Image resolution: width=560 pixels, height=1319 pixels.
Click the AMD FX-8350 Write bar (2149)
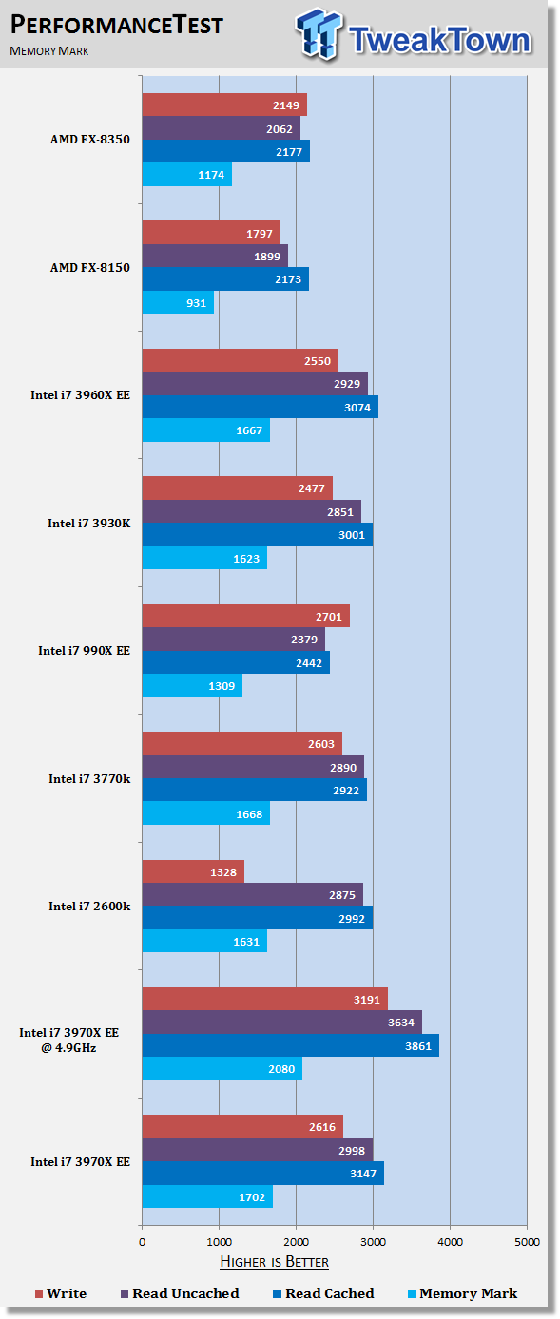[x=224, y=105]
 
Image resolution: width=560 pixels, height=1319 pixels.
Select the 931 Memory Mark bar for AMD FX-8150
[x=178, y=302]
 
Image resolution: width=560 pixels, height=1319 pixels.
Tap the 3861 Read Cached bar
[x=290, y=1045]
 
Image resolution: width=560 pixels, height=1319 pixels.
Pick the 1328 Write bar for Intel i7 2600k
[x=193, y=871]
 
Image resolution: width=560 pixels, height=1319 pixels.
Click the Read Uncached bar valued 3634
[x=282, y=1023]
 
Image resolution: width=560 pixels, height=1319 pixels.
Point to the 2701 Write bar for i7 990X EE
[x=246, y=616]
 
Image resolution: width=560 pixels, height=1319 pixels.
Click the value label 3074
[x=357, y=408]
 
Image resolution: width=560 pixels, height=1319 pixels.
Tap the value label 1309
[x=222, y=686]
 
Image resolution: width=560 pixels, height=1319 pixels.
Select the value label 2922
[x=346, y=791]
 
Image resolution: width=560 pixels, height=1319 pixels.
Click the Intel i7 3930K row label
[x=89, y=523]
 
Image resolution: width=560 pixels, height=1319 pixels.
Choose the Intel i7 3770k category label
[x=89, y=778]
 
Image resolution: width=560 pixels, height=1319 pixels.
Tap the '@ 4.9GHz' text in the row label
[x=68, y=1047]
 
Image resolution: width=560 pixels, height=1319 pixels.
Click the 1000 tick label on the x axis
[x=219, y=1241]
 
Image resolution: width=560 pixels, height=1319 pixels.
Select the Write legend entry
[x=61, y=1293]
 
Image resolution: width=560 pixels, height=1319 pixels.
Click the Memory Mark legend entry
[x=463, y=1293]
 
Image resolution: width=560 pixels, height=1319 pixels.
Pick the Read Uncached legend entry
[x=180, y=1293]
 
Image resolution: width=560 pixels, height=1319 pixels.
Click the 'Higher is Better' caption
[x=275, y=1261]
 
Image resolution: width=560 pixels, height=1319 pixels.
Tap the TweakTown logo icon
[x=319, y=33]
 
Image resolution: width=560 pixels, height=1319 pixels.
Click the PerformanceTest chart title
[x=117, y=25]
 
